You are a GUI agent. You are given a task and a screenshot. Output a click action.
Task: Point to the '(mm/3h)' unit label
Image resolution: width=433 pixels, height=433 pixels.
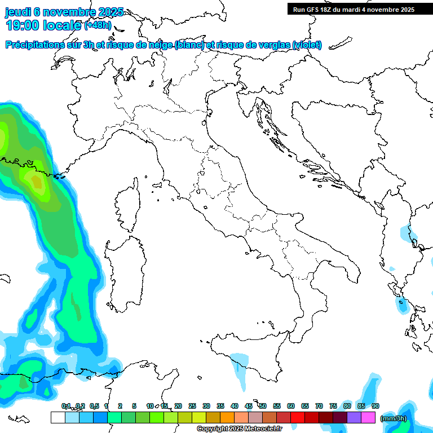point(394,418)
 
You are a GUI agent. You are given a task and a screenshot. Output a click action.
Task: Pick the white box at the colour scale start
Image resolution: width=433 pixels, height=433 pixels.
point(58,417)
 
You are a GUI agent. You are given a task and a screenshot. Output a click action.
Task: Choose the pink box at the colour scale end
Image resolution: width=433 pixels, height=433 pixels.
point(368,417)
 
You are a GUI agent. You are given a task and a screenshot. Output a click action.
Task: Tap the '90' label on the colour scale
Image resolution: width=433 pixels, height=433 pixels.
point(375,406)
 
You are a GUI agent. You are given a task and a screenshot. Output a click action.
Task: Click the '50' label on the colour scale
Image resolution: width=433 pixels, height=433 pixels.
point(263,406)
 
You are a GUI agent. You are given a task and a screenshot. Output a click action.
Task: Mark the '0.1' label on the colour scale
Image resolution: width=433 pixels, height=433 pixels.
point(66,406)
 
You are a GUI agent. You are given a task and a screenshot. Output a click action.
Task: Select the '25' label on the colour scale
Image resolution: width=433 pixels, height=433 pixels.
point(192,406)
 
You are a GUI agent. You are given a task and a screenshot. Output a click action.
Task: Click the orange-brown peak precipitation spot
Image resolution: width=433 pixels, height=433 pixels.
point(37,182)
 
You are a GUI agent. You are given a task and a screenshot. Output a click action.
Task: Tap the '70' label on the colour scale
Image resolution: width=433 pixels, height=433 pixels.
point(319,406)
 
